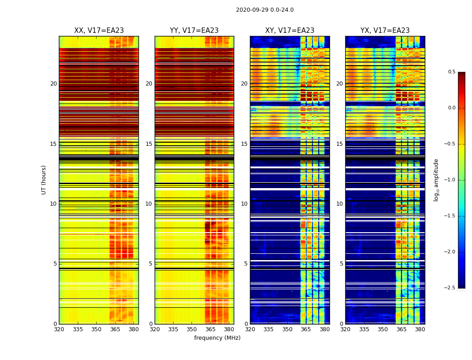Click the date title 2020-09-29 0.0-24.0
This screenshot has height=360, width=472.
click(265, 10)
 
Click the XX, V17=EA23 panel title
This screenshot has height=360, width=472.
click(99, 31)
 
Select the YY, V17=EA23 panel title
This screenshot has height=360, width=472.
click(194, 31)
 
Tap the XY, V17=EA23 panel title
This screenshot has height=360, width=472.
click(289, 31)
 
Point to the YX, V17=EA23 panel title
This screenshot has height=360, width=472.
click(385, 31)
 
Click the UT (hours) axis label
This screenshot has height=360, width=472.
click(44, 180)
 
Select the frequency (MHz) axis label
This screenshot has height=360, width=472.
click(217, 338)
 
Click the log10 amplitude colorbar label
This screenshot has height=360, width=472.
click(436, 180)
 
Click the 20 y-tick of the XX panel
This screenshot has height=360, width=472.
click(53, 84)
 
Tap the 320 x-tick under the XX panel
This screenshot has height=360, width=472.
click(59, 329)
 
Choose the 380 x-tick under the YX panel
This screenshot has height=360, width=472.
click(420, 329)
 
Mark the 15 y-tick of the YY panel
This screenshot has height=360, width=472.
click(149, 144)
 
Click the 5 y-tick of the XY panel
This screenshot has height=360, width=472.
click(246, 264)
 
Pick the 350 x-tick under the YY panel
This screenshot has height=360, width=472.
click(192, 329)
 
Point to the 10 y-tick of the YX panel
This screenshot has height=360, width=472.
click(340, 204)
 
